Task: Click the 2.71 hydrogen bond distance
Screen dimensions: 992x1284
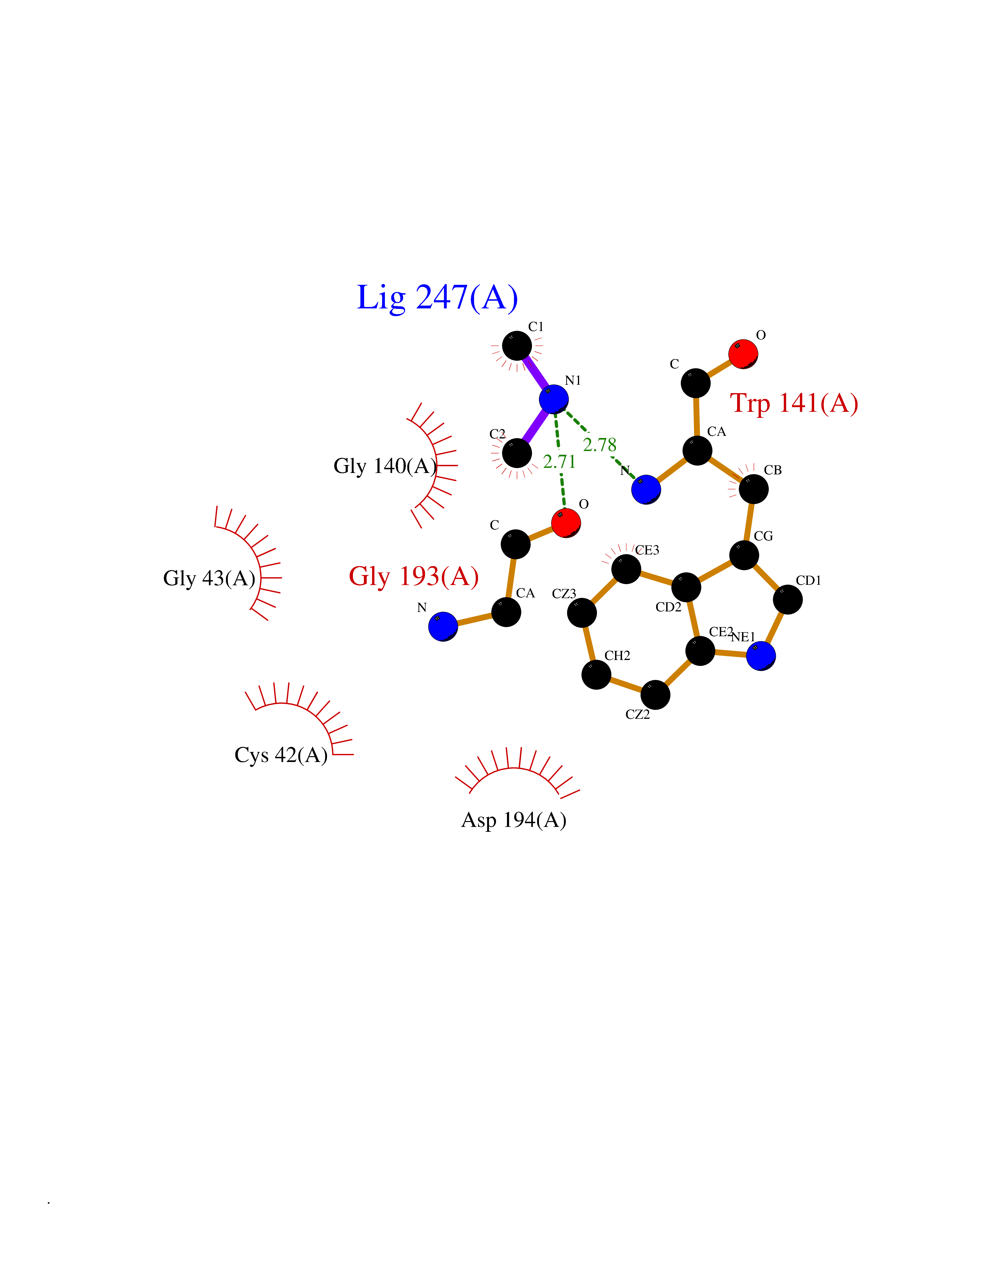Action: tap(559, 462)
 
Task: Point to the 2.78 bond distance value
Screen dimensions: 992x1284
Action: tap(599, 445)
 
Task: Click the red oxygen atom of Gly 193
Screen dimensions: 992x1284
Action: tap(566, 523)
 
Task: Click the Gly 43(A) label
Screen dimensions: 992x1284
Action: tap(209, 579)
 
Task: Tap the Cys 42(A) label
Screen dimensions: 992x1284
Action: tap(281, 755)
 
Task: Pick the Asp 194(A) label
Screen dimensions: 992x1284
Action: tap(514, 820)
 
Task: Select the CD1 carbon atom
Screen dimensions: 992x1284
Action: tap(788, 600)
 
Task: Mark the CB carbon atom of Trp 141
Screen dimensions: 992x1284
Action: tap(753, 489)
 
